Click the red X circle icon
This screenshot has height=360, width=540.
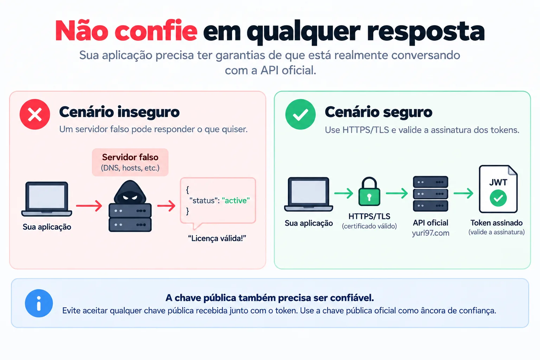35,114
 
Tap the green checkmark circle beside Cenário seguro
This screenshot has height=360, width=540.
300,114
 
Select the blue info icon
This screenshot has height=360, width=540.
39,303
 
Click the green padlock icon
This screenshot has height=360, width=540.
369,192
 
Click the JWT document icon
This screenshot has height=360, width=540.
498,189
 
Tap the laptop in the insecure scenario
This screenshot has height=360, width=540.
47,199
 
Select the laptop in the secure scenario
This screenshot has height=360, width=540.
309,194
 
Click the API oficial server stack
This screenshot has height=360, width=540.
431,194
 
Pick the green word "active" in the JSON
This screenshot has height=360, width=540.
236,200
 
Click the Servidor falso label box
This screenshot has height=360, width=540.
130,162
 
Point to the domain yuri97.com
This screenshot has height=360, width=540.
431,233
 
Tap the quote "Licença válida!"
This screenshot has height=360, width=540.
217,238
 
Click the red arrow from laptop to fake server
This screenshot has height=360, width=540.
89,206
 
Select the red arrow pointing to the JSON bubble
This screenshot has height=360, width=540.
166,206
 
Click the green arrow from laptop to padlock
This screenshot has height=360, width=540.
344,193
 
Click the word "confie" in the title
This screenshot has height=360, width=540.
156,31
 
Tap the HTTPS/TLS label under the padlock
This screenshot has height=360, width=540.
369,216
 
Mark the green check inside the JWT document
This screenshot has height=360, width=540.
498,198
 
